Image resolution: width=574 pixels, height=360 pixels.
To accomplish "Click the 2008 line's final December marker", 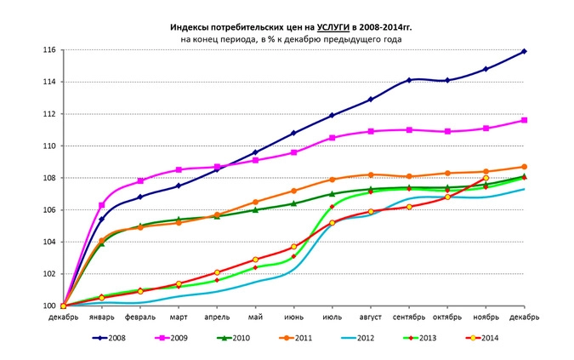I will point(524,51).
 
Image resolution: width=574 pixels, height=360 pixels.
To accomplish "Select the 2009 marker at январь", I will point(102,205).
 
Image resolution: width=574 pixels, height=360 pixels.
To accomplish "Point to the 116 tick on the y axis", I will point(49,50).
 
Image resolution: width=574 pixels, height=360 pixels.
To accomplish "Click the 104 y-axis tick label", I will point(49,242).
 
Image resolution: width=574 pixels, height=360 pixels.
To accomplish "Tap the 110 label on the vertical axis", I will point(49,146).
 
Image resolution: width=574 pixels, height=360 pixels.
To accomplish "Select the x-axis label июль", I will point(332,317).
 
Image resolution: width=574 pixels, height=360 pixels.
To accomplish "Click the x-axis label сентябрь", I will point(409,317).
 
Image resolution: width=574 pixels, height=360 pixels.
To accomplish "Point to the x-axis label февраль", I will point(140,317).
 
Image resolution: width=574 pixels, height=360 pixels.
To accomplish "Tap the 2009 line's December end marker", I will point(524,120).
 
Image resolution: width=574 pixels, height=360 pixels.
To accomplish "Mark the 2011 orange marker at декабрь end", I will point(524,167).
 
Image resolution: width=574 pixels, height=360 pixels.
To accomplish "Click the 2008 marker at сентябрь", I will point(409,80).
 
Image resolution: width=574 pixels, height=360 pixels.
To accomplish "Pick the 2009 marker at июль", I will point(332,138).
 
